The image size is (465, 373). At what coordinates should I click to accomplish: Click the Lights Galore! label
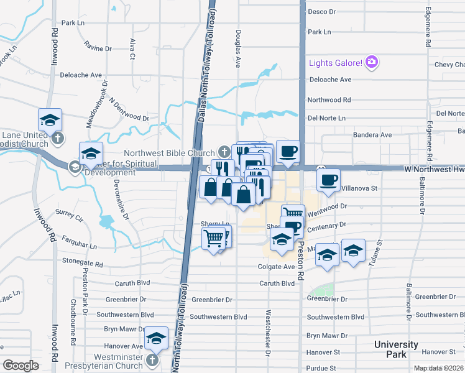click(x=336, y=63)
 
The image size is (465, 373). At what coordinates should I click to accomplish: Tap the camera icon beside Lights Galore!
click(x=372, y=62)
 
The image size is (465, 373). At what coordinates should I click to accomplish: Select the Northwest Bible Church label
click(x=169, y=152)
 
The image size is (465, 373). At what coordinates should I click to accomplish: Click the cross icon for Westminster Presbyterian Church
click(x=152, y=360)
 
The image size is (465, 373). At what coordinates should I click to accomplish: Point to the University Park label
click(x=396, y=349)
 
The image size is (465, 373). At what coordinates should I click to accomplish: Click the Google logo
click(x=20, y=366)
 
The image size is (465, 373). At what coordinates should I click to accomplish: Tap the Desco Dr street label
click(x=321, y=12)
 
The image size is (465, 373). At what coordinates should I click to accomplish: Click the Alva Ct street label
click(x=132, y=48)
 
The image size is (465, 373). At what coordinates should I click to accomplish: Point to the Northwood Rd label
click(x=329, y=99)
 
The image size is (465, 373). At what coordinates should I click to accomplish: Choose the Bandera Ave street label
click(x=372, y=135)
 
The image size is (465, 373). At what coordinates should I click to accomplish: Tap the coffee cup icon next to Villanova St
click(x=328, y=181)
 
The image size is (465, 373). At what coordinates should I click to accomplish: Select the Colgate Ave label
click(x=276, y=267)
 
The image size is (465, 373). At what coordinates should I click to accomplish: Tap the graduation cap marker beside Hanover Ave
click(x=157, y=339)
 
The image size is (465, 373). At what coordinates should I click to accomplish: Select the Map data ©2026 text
click(x=439, y=368)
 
